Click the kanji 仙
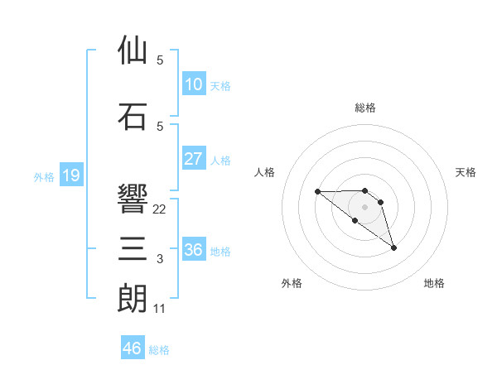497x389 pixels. (133, 50)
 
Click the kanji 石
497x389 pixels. (133, 117)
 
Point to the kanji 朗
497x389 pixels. (133, 298)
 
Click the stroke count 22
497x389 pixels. (160, 209)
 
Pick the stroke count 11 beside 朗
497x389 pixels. (160, 309)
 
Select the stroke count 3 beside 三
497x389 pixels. (160, 259)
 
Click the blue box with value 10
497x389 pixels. (193, 84)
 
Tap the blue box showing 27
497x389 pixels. (193, 158)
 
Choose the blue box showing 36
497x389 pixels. (193, 249)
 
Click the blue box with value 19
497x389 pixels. (70, 175)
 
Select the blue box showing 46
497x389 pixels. (133, 348)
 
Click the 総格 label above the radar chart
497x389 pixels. (365, 108)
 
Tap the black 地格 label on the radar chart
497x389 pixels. (434, 284)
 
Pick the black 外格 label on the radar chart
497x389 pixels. (292, 284)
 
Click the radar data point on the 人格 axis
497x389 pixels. (317, 192)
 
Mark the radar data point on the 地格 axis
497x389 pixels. (393, 247)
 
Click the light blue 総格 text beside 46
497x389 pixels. (159, 350)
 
